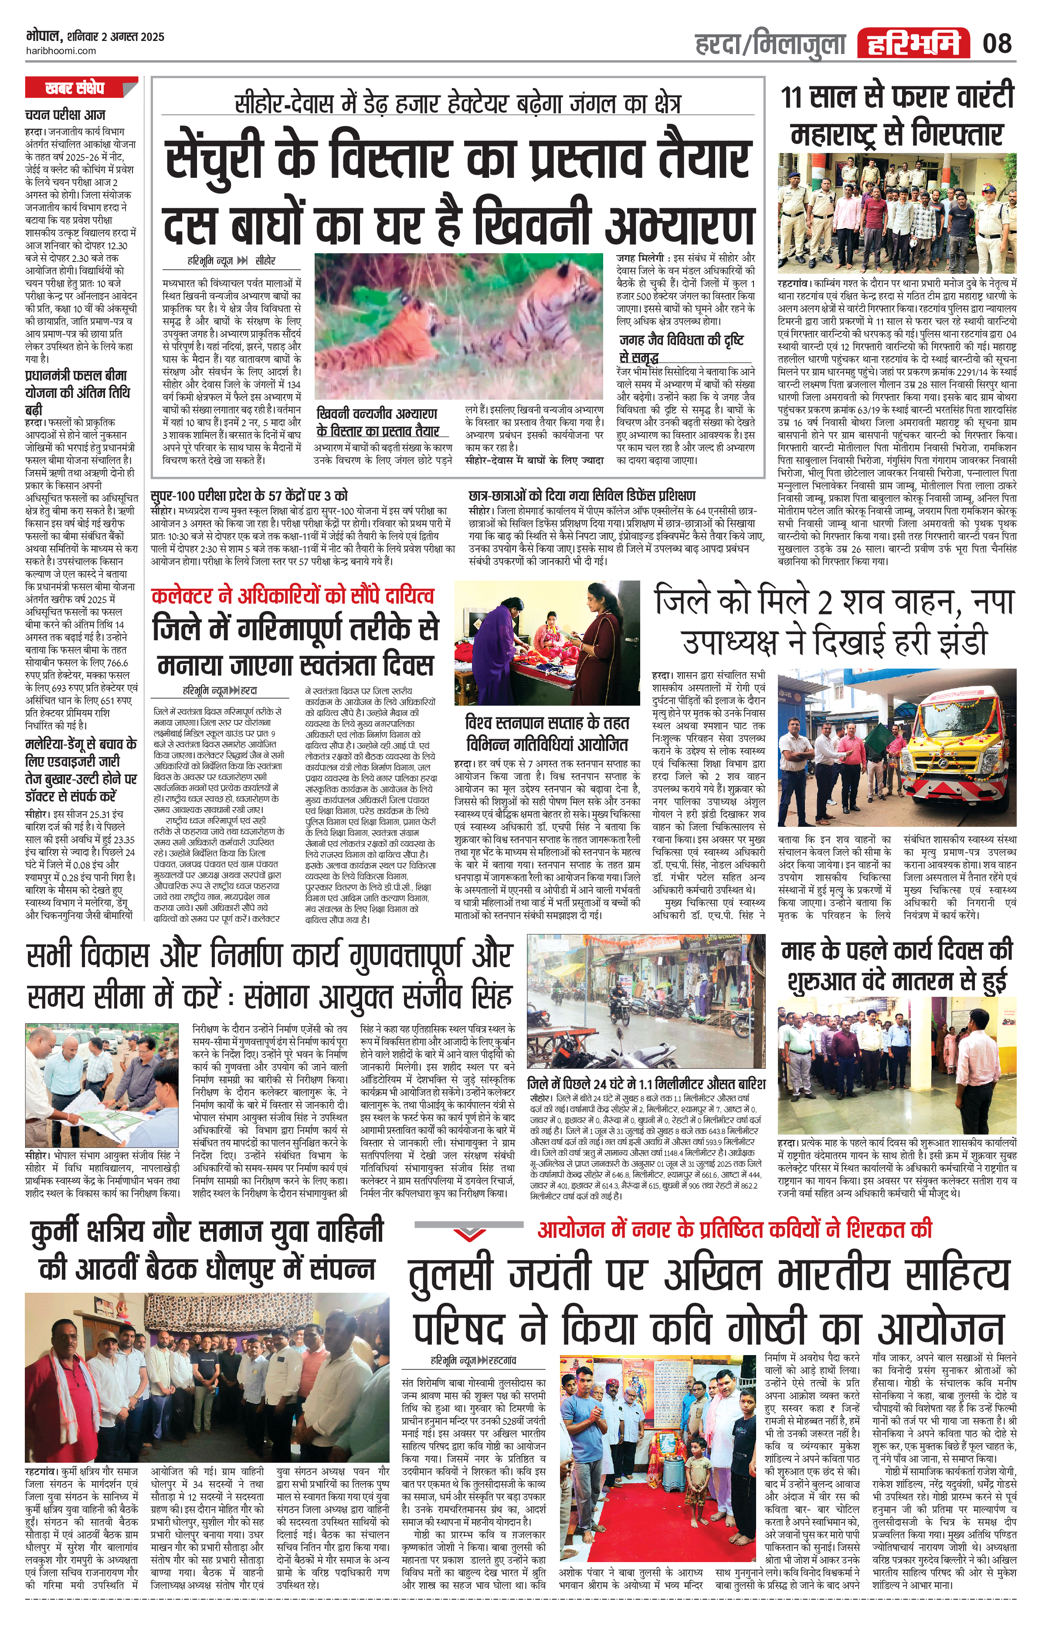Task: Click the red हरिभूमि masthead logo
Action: click(x=913, y=44)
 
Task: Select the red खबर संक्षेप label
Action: click(x=75, y=88)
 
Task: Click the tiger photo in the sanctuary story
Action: click(x=458, y=326)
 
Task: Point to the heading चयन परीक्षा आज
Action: click(x=65, y=115)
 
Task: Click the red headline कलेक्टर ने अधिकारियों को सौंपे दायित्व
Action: click(x=292, y=596)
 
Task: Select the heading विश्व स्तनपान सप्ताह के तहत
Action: click(x=546, y=722)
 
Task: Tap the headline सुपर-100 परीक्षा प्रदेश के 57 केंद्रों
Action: click(x=249, y=496)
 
